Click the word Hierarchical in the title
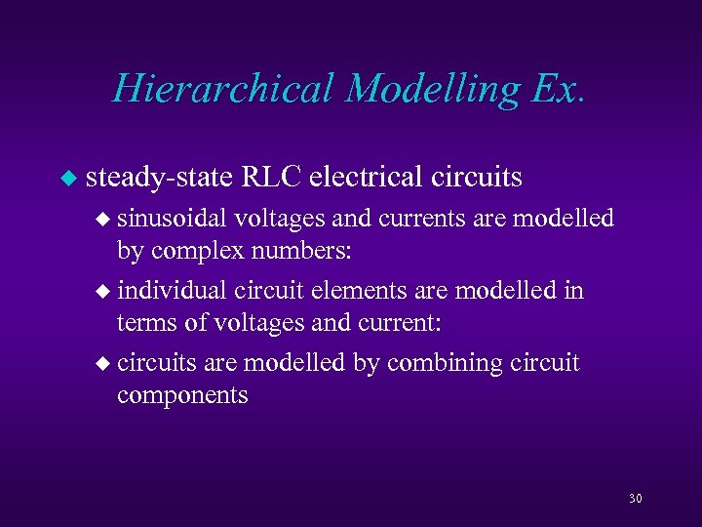point(223,89)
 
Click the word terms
point(144,323)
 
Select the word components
point(182,396)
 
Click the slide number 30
point(636,499)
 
